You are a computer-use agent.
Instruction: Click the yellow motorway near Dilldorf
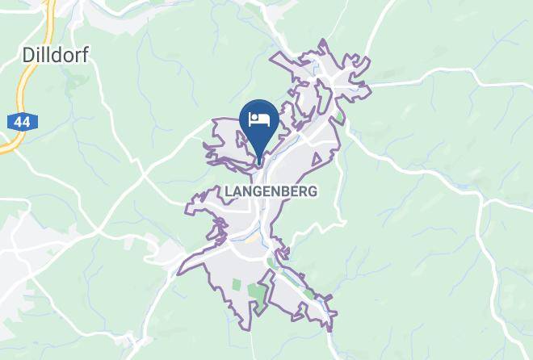26,89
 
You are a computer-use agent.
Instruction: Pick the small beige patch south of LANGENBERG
254,238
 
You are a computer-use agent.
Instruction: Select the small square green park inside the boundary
237,284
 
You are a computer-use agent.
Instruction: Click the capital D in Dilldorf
25,54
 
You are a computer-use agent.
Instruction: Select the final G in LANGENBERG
312,191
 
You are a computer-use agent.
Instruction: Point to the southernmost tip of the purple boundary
330,330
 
